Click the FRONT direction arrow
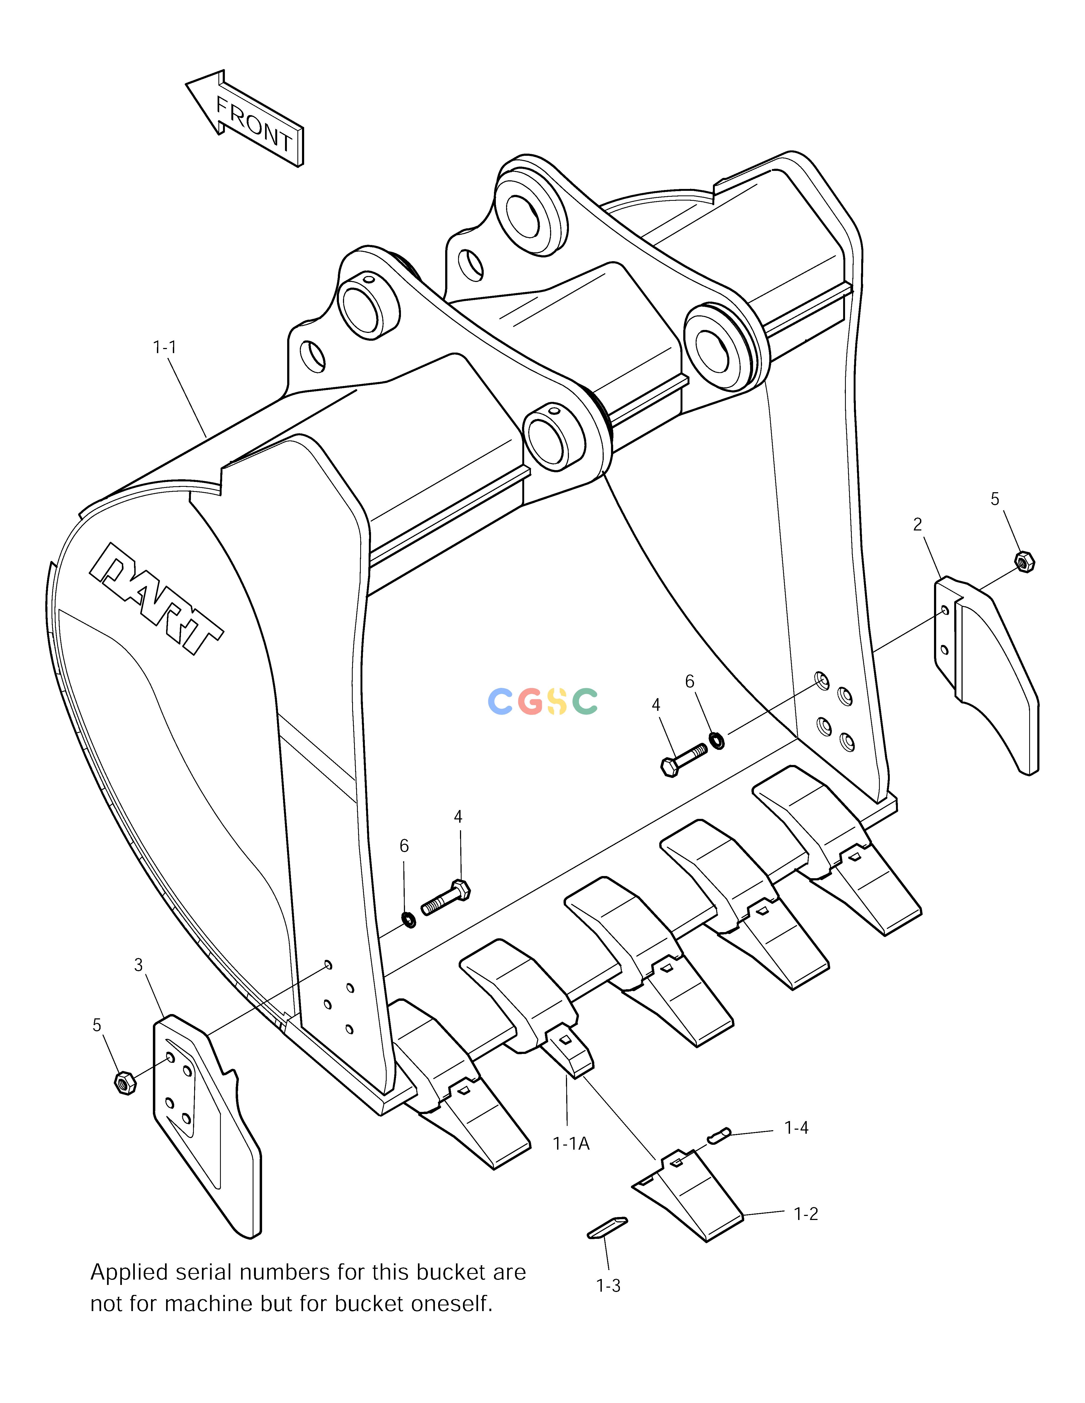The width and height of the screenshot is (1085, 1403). [244, 119]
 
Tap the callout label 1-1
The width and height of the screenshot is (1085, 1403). [164, 347]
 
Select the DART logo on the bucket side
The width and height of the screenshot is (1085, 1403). [156, 598]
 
